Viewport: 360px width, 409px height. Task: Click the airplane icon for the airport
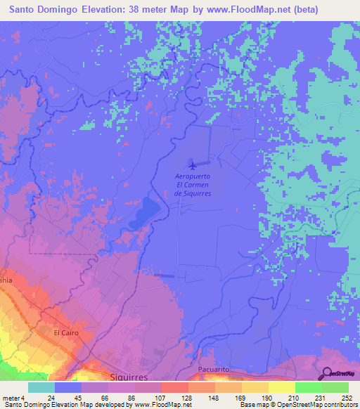click(x=193, y=166)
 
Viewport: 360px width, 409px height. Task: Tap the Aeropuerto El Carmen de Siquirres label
click(x=193, y=185)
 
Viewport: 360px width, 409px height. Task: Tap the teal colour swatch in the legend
click(x=41, y=387)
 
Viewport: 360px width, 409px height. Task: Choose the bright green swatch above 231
click(x=308, y=387)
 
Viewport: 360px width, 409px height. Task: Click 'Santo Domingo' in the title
click(x=43, y=10)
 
